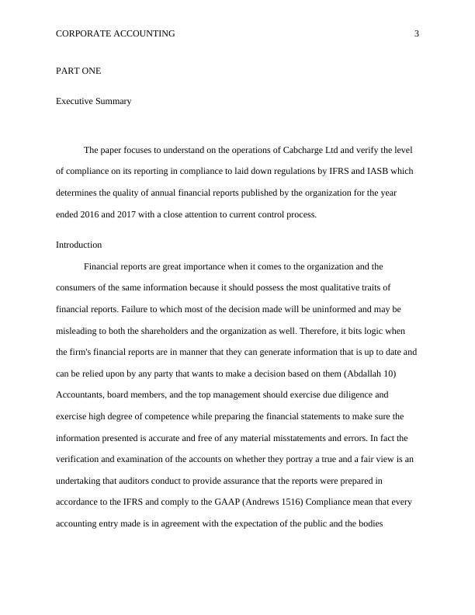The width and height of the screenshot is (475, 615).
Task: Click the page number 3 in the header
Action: [x=416, y=34]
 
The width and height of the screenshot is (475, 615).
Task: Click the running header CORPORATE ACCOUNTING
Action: [x=116, y=34]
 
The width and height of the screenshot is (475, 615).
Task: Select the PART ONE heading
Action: [x=78, y=71]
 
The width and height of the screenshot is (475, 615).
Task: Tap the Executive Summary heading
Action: [x=93, y=101]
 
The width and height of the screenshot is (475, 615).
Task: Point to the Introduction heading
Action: [x=78, y=245]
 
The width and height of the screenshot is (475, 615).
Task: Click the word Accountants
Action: [x=81, y=394]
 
